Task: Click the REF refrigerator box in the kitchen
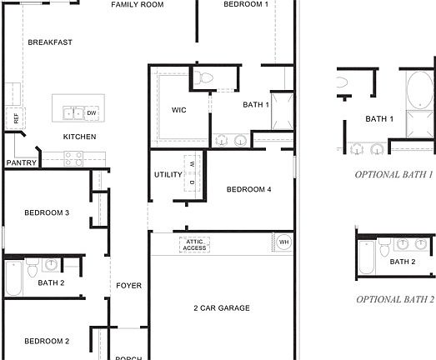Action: tap(15, 117)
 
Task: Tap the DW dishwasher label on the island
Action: tap(92, 112)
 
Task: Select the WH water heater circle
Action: tap(283, 242)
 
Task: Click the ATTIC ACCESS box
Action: tap(194, 244)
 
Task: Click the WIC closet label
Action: tap(178, 110)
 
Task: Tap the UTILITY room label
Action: tap(168, 175)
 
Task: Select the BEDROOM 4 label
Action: tap(248, 190)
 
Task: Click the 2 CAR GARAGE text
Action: tap(222, 308)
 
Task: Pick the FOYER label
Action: tap(128, 286)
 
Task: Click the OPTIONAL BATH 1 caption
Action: tap(393, 175)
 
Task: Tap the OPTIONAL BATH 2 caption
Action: tap(395, 298)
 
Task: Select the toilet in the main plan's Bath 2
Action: tap(33, 267)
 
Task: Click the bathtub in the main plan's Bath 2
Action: tap(13, 279)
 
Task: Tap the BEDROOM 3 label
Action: tap(46, 213)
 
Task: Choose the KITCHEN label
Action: tap(80, 137)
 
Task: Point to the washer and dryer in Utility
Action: tap(192, 176)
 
